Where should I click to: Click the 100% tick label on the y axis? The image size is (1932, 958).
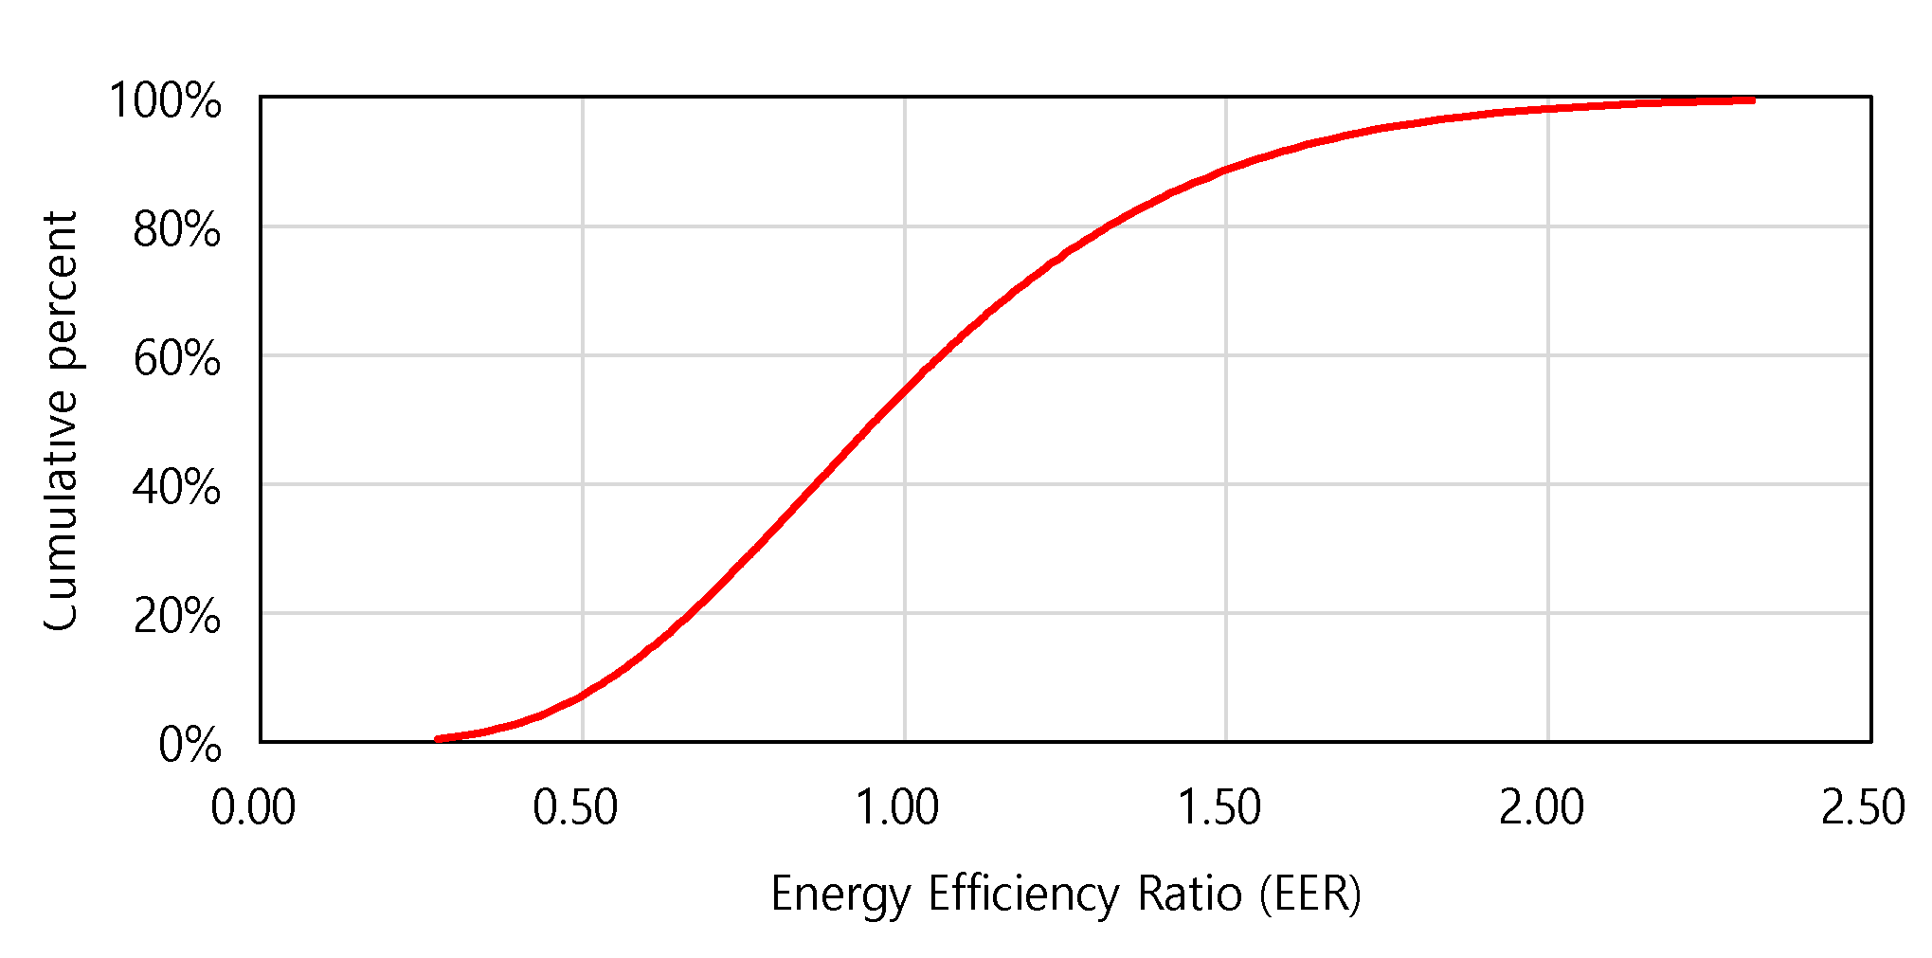(x=166, y=100)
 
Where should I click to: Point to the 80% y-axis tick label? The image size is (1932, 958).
(x=177, y=229)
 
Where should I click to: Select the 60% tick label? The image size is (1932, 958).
(x=177, y=359)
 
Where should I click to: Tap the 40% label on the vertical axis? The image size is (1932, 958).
(x=177, y=488)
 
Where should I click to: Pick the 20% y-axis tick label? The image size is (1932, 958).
(x=177, y=617)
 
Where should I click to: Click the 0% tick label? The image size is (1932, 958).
(x=190, y=745)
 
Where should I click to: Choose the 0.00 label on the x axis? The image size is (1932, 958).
(x=253, y=808)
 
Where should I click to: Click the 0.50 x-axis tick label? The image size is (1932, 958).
(x=575, y=808)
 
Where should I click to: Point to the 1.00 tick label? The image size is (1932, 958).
(x=897, y=808)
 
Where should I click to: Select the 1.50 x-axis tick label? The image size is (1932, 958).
(x=1219, y=808)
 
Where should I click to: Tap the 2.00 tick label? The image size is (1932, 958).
(x=1542, y=808)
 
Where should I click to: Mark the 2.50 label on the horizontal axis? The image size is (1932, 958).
(x=1863, y=808)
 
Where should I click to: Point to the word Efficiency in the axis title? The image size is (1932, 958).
(x=1024, y=895)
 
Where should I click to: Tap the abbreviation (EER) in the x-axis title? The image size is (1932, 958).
(x=1310, y=895)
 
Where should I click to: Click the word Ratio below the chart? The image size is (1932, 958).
(x=1189, y=895)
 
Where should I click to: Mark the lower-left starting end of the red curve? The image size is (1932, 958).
(x=438, y=738)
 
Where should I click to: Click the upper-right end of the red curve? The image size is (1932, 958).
(x=1752, y=99)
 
